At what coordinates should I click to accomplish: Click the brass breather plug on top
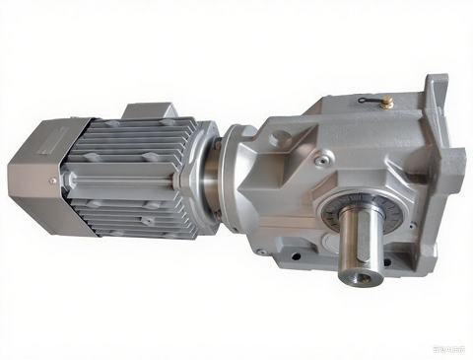[x=386, y=100]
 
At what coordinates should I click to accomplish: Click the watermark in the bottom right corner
[x=448, y=345]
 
